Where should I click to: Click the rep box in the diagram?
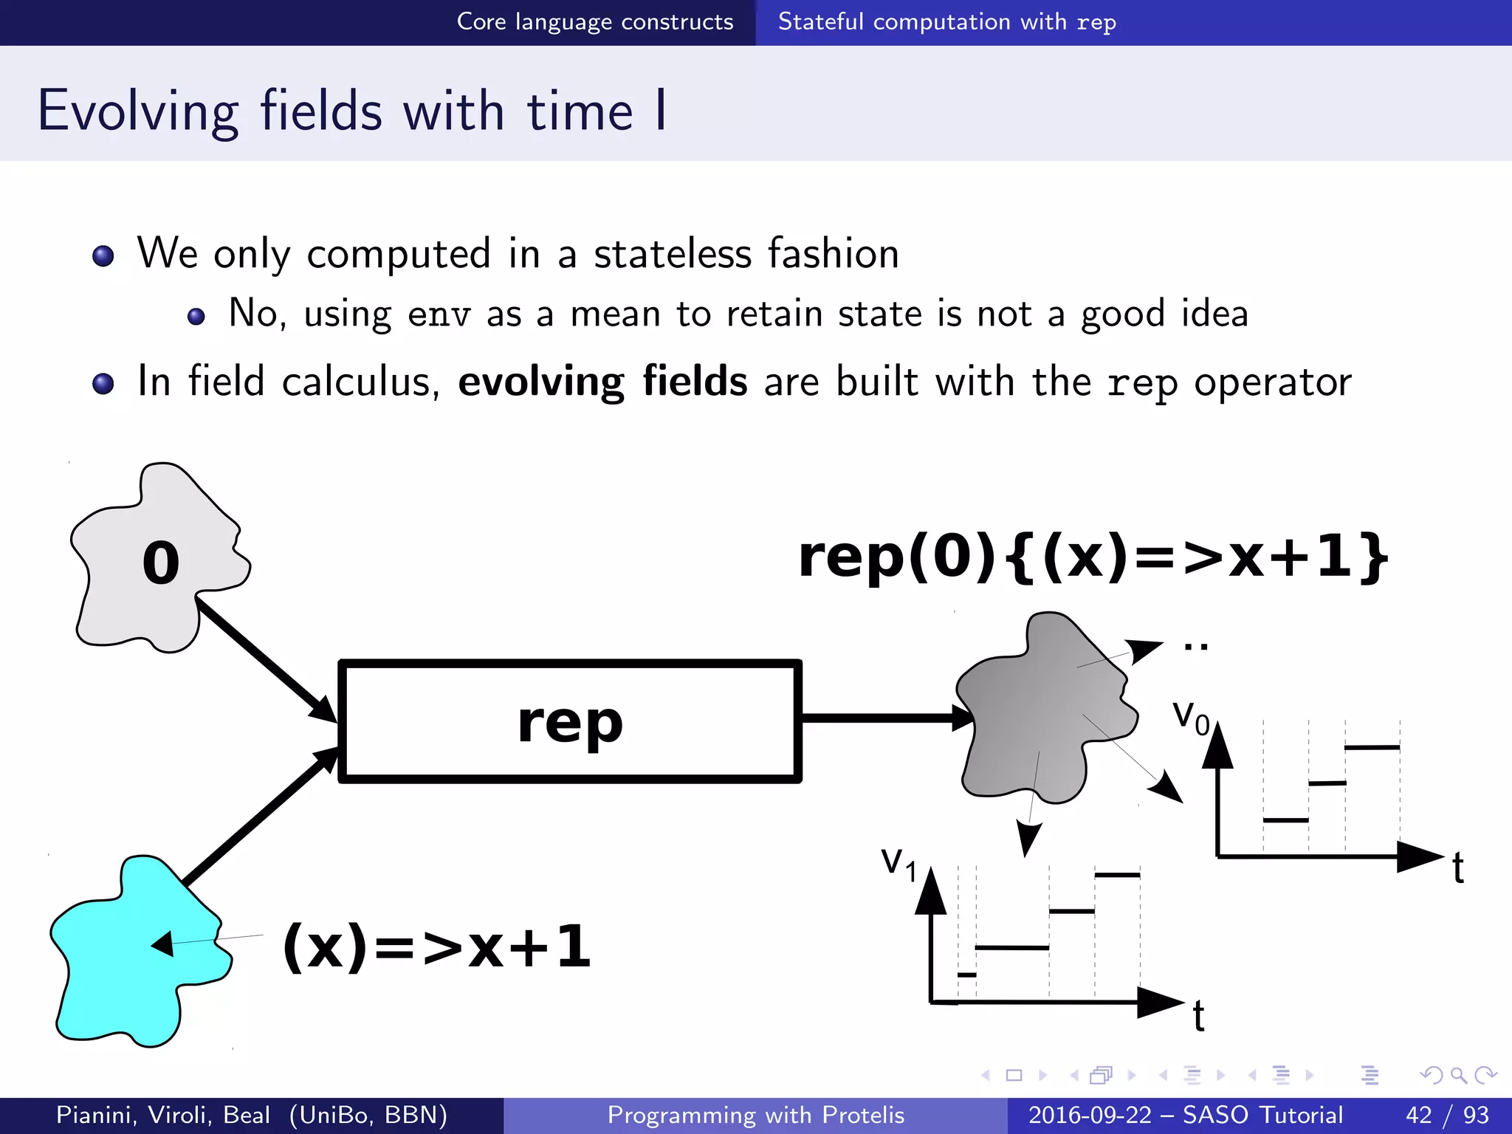click(x=569, y=721)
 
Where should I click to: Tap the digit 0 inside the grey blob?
click(x=160, y=563)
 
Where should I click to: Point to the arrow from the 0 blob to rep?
click(x=266, y=659)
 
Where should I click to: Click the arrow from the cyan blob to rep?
click(x=258, y=816)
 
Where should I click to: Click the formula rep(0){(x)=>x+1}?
click(x=1093, y=557)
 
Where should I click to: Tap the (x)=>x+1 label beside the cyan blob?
click(x=437, y=946)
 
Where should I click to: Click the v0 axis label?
click(x=1190, y=716)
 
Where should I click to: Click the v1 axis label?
click(x=898, y=862)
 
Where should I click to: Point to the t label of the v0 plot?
click(x=1458, y=868)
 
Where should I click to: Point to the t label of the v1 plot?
click(x=1198, y=1017)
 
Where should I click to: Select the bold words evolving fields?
click(x=602, y=382)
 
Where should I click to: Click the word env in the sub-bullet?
click(x=439, y=315)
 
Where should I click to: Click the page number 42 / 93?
click(x=1447, y=1115)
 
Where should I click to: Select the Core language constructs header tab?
click(x=594, y=22)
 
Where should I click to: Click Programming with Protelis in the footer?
click(x=755, y=1115)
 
